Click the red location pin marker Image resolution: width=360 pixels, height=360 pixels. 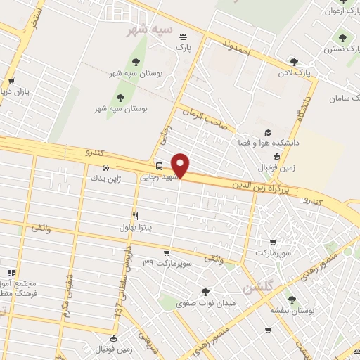click(x=181, y=165)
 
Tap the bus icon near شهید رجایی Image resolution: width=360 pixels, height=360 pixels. click(x=160, y=167)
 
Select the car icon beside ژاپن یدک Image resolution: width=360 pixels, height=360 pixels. click(x=104, y=168)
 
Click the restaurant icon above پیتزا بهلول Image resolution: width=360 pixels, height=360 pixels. click(x=136, y=216)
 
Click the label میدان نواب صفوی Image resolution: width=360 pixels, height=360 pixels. click(x=205, y=302)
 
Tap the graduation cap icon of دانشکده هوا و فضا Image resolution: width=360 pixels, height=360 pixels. click(x=267, y=132)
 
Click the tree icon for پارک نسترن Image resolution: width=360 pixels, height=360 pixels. click(x=342, y=38)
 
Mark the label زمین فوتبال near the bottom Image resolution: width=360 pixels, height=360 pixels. click(x=116, y=348)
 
